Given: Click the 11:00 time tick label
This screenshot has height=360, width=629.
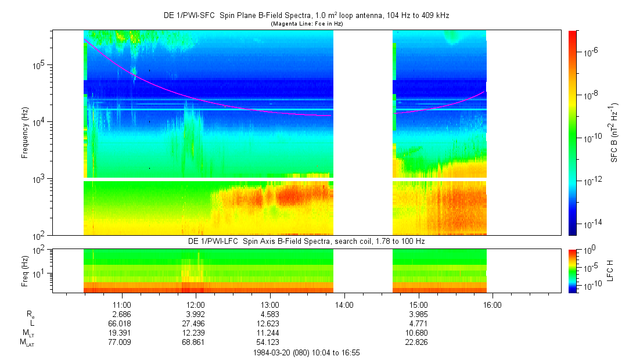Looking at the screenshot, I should coord(121,304).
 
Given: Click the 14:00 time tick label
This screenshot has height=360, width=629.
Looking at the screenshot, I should coord(344,304).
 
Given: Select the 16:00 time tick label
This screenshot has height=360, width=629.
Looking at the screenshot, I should coord(493,304).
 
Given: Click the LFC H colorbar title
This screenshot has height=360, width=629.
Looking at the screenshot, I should coord(610,270).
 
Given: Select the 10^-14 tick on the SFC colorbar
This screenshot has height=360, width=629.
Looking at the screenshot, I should coord(590,224).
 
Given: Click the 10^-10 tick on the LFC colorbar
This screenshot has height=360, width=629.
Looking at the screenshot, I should coord(589,286).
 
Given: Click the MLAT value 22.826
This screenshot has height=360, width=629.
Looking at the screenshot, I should coord(419,341).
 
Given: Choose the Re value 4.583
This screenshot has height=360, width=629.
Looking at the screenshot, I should coord(270,314).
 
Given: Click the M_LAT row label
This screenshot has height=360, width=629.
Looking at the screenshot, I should coord(27,342).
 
